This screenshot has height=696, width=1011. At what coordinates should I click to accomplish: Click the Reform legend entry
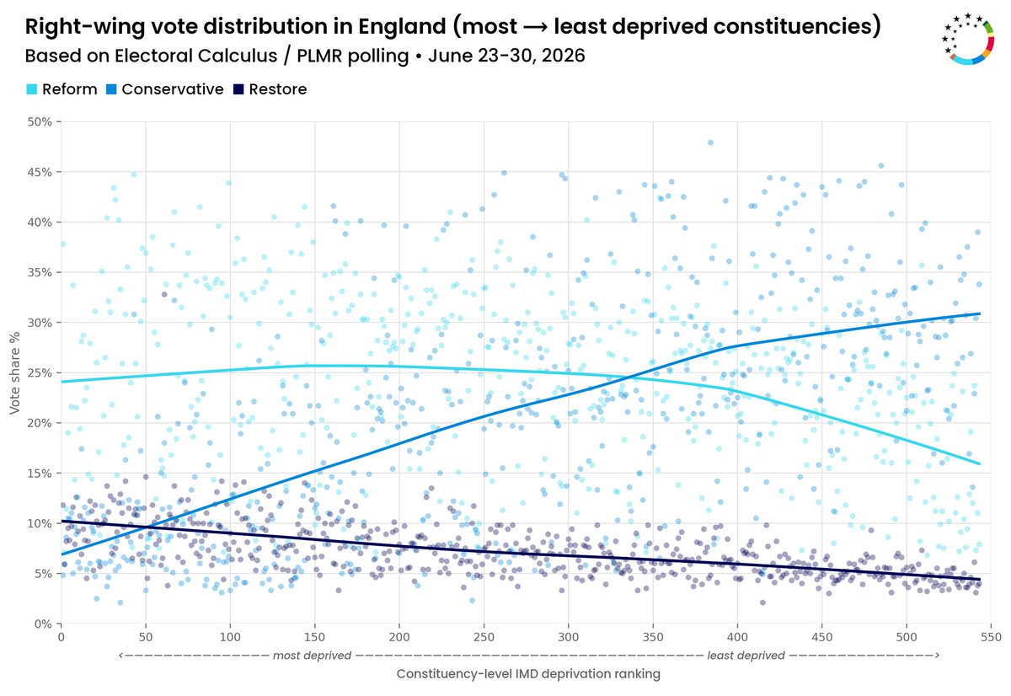click(x=62, y=89)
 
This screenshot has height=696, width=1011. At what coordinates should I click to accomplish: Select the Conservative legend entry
click(x=165, y=89)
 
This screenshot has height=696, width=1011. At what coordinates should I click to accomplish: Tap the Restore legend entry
click(x=270, y=89)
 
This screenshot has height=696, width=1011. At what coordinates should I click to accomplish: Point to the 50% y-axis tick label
click(x=40, y=122)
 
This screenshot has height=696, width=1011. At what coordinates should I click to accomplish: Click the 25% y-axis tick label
click(x=40, y=372)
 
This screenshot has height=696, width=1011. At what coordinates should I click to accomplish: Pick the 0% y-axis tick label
click(x=43, y=624)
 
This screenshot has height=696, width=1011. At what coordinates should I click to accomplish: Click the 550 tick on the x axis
click(x=991, y=637)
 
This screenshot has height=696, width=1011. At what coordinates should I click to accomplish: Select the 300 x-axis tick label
click(x=568, y=637)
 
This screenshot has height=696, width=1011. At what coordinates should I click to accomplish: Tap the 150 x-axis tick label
click(x=314, y=637)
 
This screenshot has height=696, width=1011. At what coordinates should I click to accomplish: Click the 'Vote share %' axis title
click(x=14, y=372)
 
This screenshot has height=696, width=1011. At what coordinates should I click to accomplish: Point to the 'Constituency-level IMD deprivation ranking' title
click(x=528, y=674)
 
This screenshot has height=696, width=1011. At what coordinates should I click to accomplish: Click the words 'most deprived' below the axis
click(x=312, y=656)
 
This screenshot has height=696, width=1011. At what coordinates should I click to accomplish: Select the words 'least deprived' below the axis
click(x=746, y=656)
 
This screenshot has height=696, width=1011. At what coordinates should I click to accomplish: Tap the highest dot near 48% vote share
click(x=710, y=142)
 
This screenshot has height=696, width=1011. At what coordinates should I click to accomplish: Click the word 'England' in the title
click(x=402, y=26)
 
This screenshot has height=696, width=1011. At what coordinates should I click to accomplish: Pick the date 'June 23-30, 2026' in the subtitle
click(x=506, y=56)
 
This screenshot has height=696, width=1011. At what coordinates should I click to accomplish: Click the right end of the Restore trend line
click(x=980, y=580)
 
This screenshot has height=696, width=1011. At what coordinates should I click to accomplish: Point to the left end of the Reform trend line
click(x=62, y=382)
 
